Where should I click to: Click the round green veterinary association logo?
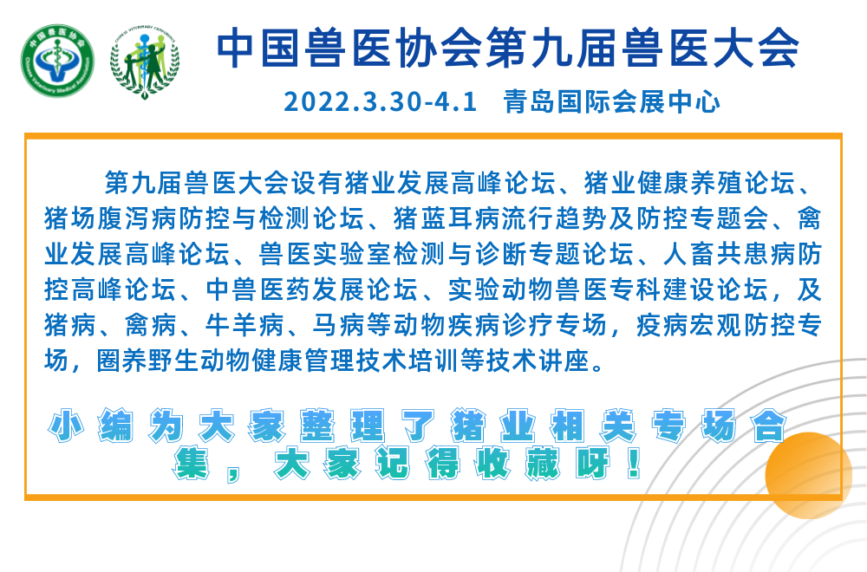coord(57,61)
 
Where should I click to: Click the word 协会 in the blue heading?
coord(440,49)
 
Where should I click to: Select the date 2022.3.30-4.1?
coord(380,102)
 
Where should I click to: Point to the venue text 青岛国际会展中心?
coord(611,102)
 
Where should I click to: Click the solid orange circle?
coord(808,475)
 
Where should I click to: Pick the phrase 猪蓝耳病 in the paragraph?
coord(446,219)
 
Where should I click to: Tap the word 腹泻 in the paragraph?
coord(123,219)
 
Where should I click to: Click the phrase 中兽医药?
coord(258,289)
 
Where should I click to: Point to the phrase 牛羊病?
coord(245,325)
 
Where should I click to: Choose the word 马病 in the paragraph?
coord(338,325)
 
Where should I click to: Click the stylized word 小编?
coord(91,426)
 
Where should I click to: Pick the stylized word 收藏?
coord(518,463)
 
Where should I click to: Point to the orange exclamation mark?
coord(635,463)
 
